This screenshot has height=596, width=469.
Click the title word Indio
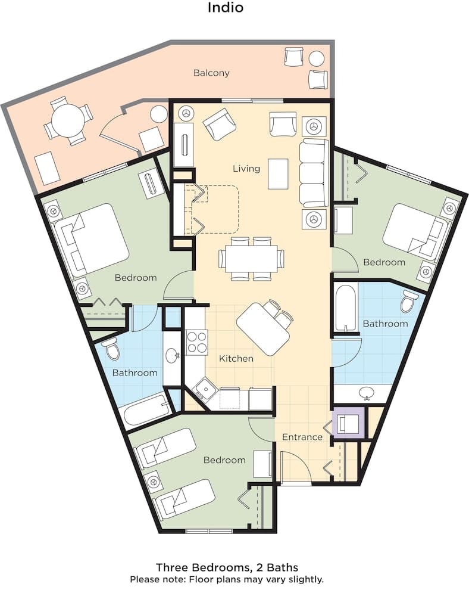coord(226,8)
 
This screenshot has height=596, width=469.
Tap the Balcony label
coord(211,73)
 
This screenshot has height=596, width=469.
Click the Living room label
coord(246,169)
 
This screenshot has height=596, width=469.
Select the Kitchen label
coord(236,359)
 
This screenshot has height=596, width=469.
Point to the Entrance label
coord(302,437)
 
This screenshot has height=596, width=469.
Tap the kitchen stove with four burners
coord(196,342)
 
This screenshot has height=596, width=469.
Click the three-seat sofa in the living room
coord(314,173)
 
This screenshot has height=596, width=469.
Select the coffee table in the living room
coord(278,173)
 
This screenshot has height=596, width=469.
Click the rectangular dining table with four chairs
coord(251,259)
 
